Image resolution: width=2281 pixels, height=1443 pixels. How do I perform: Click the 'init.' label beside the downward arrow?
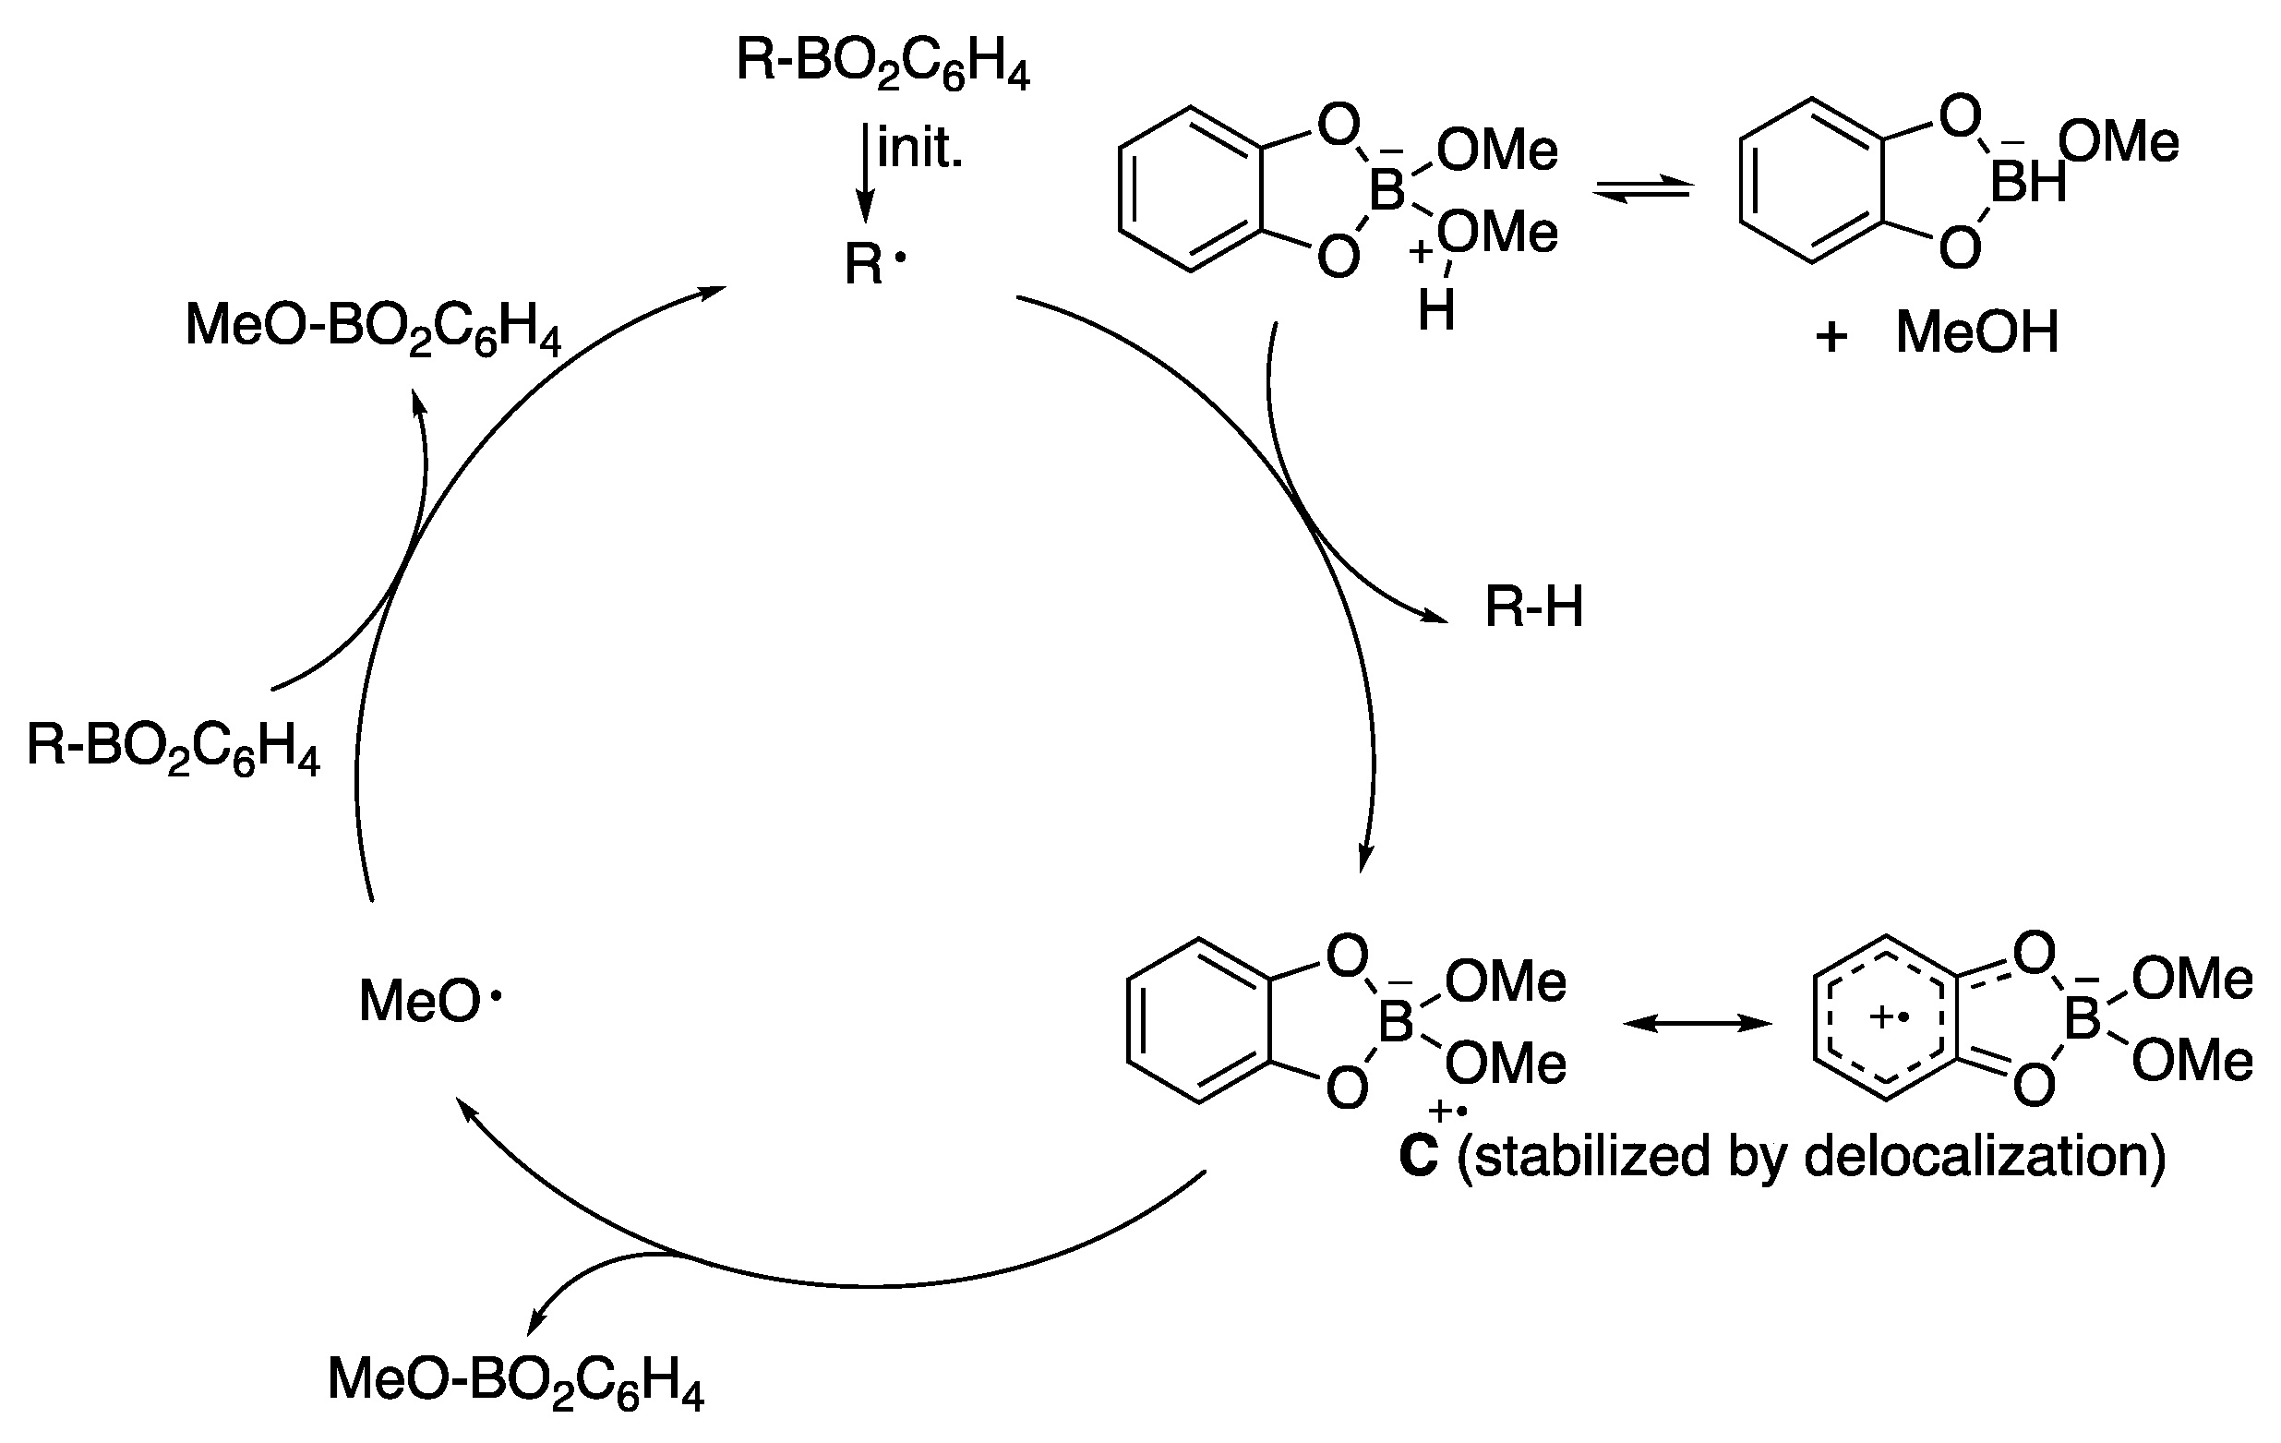pyautogui.click(x=918, y=149)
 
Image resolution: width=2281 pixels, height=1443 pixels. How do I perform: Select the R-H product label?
pyautogui.click(x=1533, y=607)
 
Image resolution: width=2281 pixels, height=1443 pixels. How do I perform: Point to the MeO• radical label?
pyautogui.click(x=429, y=1001)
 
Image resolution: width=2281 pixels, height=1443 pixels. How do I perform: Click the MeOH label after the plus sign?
pyautogui.click(x=1978, y=332)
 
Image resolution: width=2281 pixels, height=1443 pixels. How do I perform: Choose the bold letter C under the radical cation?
pyautogui.click(x=1418, y=1156)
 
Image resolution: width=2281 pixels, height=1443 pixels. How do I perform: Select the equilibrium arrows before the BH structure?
pyautogui.click(x=1641, y=191)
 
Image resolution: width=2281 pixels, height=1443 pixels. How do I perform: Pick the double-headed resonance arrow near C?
pyautogui.click(x=1698, y=1022)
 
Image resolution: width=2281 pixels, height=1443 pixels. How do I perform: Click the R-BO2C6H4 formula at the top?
pyautogui.click(x=882, y=64)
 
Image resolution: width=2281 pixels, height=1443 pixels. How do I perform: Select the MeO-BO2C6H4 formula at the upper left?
pyautogui.click(x=373, y=328)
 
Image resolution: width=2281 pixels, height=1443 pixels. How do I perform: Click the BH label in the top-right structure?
pyautogui.click(x=2028, y=182)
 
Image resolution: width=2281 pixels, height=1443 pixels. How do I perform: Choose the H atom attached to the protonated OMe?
pyautogui.click(x=1436, y=309)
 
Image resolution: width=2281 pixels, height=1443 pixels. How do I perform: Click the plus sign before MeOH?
pyautogui.click(x=1831, y=336)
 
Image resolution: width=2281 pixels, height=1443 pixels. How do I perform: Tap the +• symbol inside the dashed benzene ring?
pyautogui.click(x=1888, y=1018)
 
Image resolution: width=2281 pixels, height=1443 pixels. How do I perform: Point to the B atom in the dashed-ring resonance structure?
pyautogui.click(x=2083, y=1019)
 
